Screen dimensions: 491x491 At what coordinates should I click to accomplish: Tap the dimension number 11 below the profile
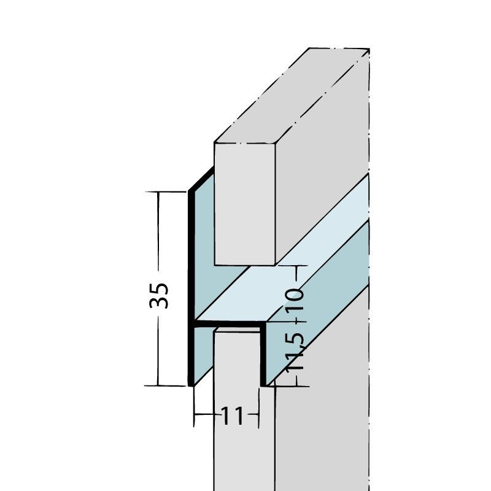tap(231, 417)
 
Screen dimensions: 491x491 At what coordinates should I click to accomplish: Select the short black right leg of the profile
tap(263, 356)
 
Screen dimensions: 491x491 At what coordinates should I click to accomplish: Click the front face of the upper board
tap(244, 203)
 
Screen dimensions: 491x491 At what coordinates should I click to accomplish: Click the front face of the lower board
tap(236, 417)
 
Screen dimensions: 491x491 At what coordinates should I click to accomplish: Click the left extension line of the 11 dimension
tap(194, 408)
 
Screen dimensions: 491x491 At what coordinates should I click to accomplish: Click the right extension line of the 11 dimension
tap(259, 408)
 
